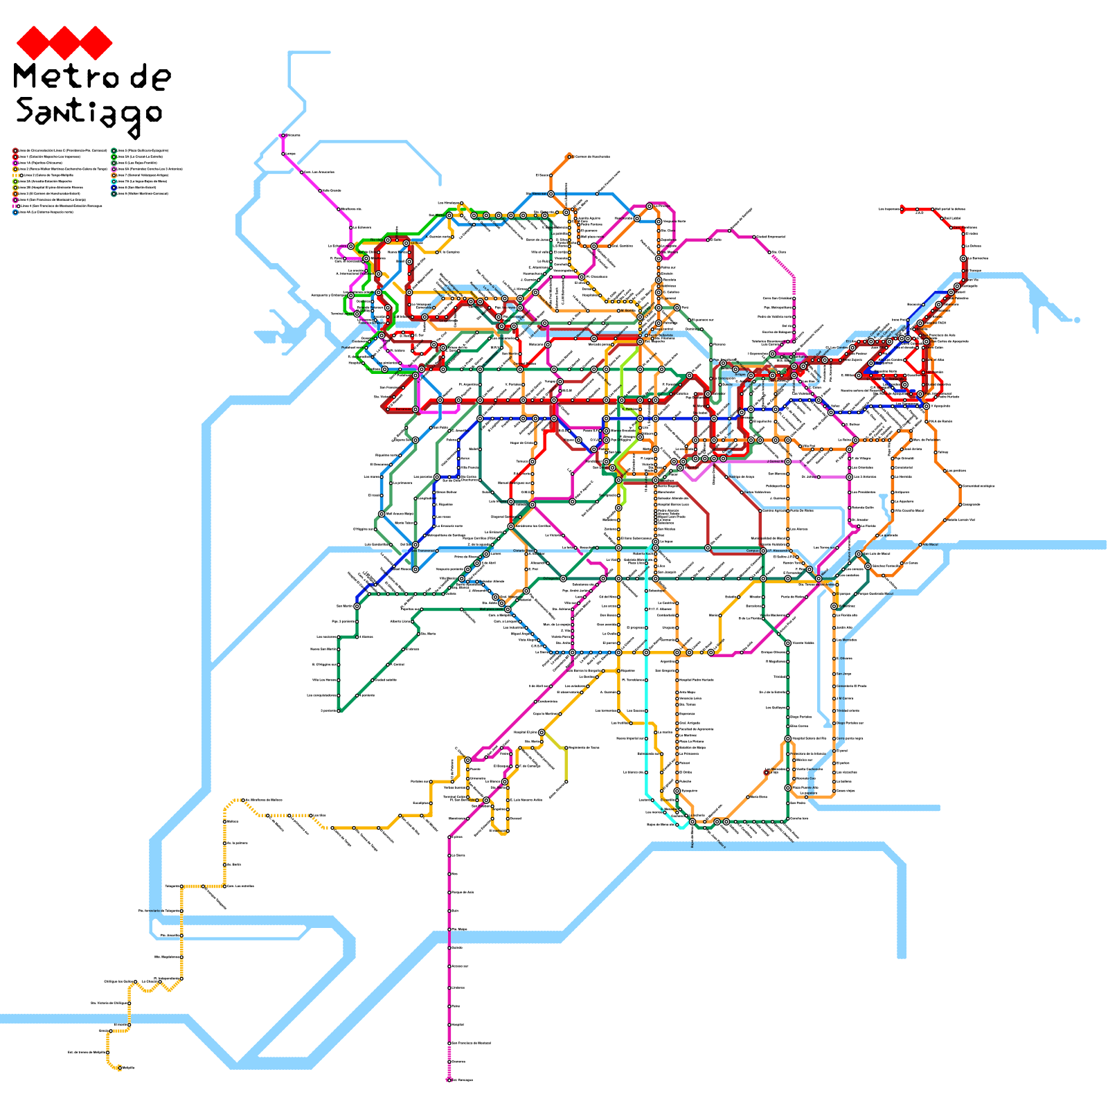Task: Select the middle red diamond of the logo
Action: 64,44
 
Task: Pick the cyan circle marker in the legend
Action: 114,181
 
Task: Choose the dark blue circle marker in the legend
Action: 114,188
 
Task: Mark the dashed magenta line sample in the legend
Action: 14,206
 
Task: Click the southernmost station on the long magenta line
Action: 449,1080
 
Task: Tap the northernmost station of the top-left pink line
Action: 283,136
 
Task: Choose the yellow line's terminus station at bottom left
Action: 119,1068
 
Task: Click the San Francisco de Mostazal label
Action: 471,1043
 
